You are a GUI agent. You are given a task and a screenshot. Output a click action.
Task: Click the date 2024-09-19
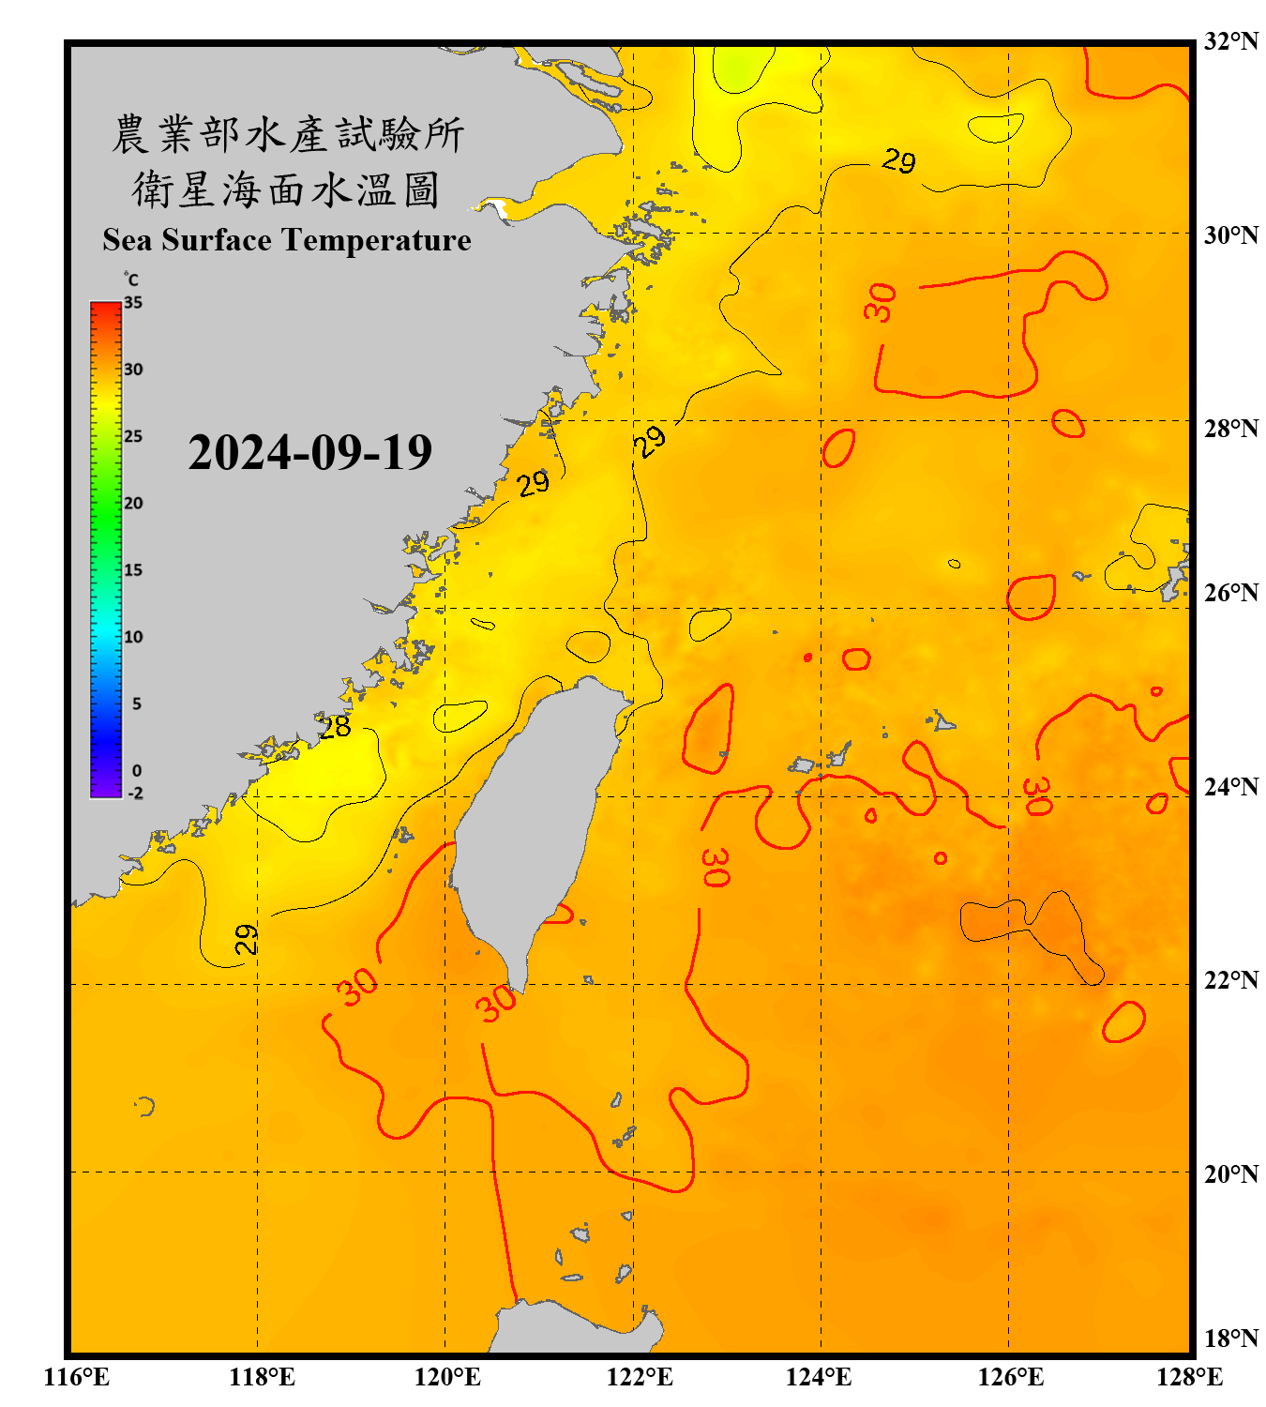click(309, 452)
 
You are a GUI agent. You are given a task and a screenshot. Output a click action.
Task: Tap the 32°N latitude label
click(1230, 41)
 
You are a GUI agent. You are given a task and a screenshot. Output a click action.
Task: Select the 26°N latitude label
click(1230, 593)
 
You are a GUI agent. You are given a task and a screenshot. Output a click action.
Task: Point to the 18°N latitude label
click(1230, 1339)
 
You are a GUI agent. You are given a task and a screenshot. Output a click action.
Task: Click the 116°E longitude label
click(77, 1377)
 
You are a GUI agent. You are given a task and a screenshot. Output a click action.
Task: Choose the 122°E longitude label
click(640, 1377)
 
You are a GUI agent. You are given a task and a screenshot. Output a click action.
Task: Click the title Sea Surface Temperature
click(287, 240)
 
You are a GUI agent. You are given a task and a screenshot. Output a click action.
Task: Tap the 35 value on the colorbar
click(133, 302)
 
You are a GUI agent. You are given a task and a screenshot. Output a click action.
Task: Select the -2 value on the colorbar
click(135, 794)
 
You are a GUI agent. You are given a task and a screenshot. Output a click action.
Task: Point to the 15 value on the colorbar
click(133, 569)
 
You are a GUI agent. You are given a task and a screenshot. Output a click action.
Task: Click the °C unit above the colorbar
click(131, 280)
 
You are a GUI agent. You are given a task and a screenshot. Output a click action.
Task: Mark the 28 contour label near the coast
click(335, 727)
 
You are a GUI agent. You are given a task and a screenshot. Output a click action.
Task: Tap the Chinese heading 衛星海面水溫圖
click(286, 189)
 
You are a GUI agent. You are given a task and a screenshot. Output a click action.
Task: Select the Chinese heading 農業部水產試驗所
click(288, 134)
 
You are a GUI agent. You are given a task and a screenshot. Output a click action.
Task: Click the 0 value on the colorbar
click(137, 770)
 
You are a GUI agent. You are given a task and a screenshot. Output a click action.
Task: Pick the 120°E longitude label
click(447, 1377)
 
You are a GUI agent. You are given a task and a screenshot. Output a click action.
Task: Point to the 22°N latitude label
click(1230, 980)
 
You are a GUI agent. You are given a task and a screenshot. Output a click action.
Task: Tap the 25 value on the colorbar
click(133, 436)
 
